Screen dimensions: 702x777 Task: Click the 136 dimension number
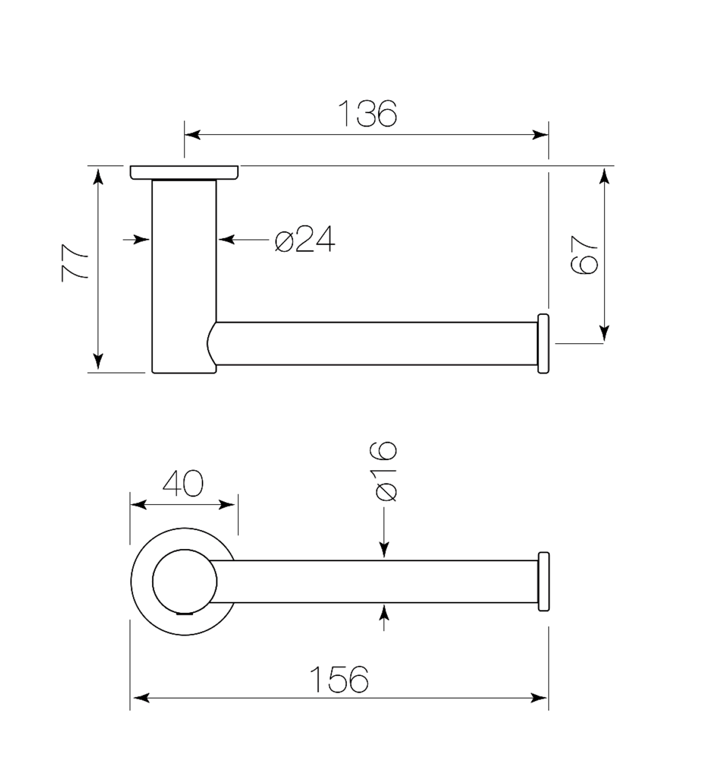click(367, 113)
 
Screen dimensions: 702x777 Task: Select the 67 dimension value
click(583, 255)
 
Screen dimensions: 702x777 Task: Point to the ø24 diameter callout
click(305, 239)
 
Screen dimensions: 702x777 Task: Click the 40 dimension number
click(183, 483)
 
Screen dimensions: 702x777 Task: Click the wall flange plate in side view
click(184, 173)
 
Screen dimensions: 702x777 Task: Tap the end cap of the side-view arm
click(543, 343)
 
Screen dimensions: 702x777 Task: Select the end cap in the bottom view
click(543, 582)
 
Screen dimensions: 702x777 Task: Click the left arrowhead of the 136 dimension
click(192, 135)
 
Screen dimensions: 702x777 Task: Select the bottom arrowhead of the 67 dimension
click(604, 333)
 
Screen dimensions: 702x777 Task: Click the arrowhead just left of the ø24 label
click(226, 240)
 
